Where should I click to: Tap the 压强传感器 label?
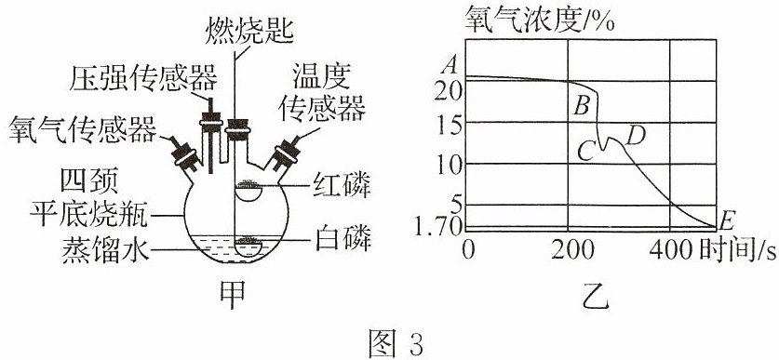coord(143,79)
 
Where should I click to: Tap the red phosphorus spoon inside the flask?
coord(249,192)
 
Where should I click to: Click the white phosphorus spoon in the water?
coord(249,247)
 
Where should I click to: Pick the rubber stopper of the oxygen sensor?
coord(186,154)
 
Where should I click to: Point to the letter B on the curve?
coord(582,105)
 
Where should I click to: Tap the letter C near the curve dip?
coord(586,151)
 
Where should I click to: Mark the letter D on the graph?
coord(636,135)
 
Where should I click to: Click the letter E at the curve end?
coord(727,220)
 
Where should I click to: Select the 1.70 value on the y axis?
coord(439,229)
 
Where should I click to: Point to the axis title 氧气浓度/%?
coord(540,20)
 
